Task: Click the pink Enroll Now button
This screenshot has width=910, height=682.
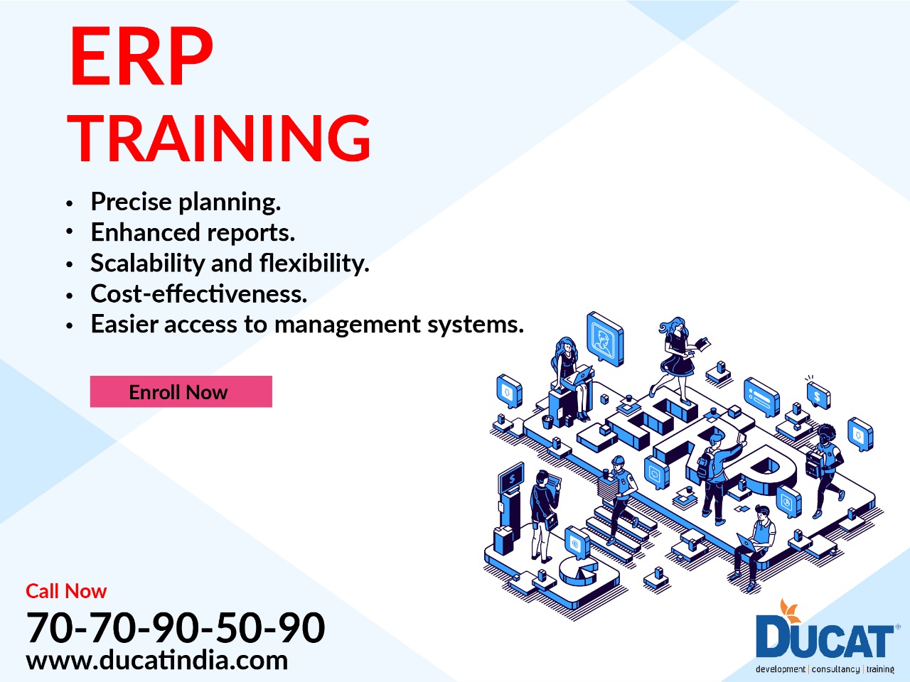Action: (x=181, y=391)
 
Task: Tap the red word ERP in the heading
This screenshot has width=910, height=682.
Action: (x=141, y=57)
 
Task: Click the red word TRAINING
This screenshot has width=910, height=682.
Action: (x=220, y=137)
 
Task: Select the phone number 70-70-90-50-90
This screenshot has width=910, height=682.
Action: (x=176, y=627)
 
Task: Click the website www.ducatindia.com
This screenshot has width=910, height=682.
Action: (x=157, y=660)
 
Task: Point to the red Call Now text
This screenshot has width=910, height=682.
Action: (x=66, y=591)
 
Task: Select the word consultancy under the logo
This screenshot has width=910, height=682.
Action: (x=835, y=669)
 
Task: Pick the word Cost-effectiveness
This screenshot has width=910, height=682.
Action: (x=199, y=293)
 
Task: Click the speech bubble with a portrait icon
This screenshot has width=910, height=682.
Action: (x=604, y=337)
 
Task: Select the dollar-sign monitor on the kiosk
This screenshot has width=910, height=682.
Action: (x=511, y=479)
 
